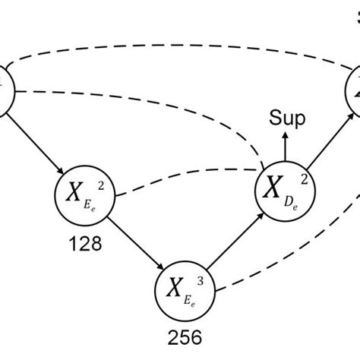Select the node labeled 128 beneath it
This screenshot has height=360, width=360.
(84, 197)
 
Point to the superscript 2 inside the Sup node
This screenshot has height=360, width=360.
(305, 176)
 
